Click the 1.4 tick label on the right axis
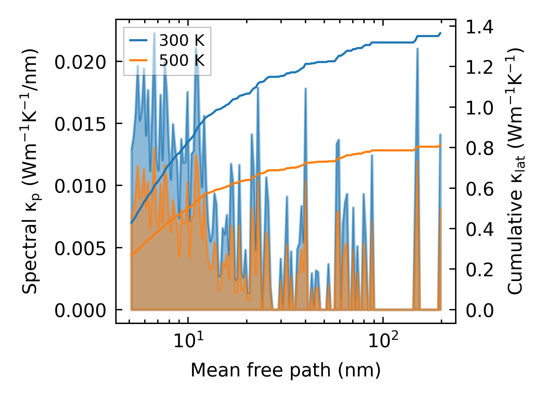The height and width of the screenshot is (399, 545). [x=480, y=27]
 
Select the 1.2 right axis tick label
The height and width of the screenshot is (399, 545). [x=480, y=67]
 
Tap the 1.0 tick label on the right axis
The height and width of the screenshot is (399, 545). [x=480, y=107]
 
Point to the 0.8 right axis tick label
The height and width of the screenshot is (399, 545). [x=480, y=148]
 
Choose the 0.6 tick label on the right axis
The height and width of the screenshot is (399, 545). [x=480, y=189]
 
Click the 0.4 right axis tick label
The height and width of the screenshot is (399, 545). [x=480, y=229]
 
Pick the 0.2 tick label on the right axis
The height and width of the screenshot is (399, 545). [x=480, y=270]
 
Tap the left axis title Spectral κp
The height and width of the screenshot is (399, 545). [x=30, y=172]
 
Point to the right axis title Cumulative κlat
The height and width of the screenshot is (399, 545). [x=515, y=172]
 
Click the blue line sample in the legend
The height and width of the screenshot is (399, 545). [x=138, y=40]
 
